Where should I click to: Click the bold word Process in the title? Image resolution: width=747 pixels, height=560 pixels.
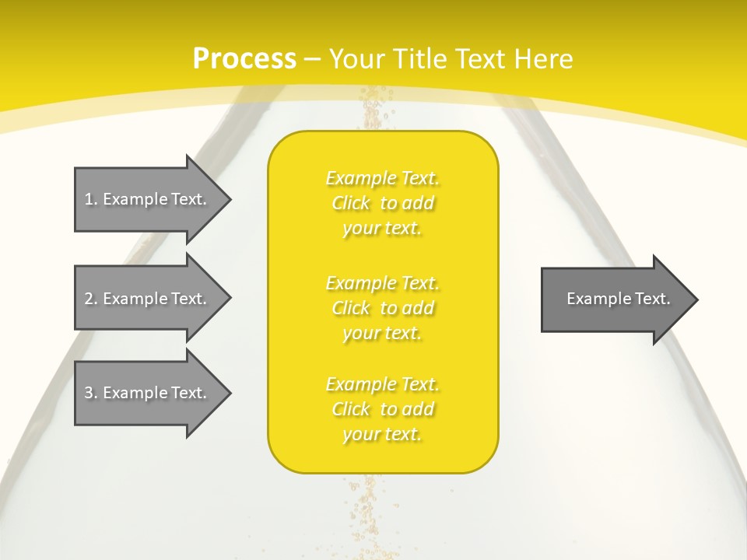coord(244,59)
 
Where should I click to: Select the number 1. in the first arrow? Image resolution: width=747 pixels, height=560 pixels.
coord(90,199)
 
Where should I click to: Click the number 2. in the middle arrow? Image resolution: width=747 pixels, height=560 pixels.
coord(90,299)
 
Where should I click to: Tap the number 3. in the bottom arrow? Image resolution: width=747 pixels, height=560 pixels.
coord(90,393)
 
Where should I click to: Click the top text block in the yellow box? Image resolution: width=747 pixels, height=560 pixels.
coord(382,203)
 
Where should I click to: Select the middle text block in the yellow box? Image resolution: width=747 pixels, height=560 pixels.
coord(382,308)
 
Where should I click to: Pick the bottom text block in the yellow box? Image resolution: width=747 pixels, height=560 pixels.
coord(382,409)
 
